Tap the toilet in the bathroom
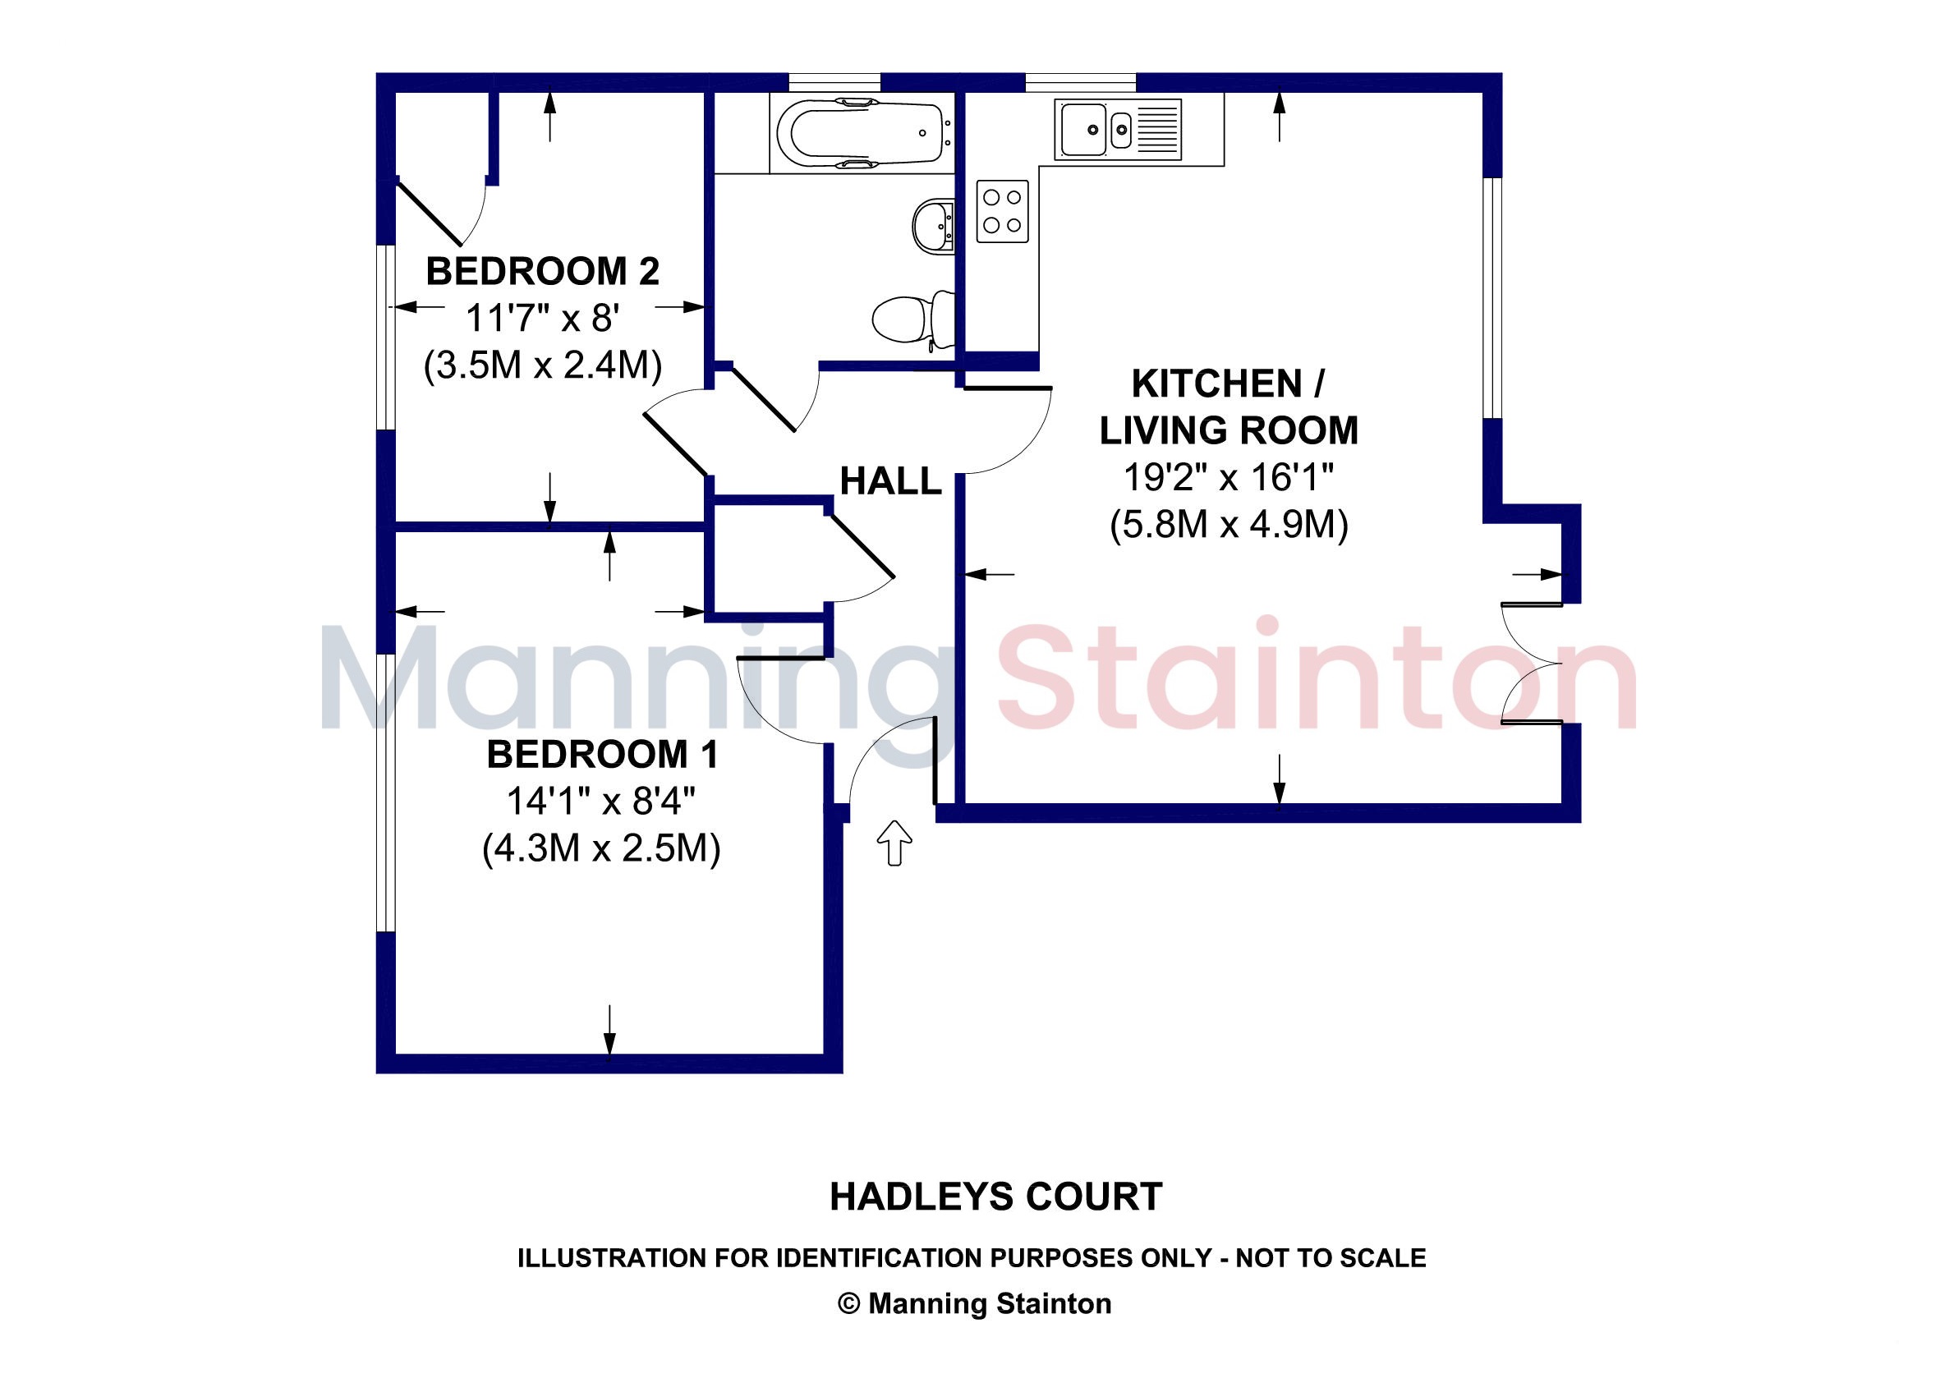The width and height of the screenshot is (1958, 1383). (x=913, y=319)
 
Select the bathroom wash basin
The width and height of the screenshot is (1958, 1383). (x=933, y=227)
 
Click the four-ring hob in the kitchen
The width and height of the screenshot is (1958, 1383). (x=1002, y=211)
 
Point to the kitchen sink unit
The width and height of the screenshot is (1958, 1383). (x=1118, y=130)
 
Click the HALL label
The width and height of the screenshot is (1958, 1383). (x=890, y=482)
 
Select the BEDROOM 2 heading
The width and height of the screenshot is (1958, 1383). (x=542, y=272)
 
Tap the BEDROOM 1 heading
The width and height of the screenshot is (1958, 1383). (x=602, y=755)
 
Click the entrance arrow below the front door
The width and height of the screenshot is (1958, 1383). (x=894, y=843)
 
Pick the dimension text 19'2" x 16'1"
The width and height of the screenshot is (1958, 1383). (x=1228, y=477)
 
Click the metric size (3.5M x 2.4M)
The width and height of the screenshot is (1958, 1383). (x=543, y=365)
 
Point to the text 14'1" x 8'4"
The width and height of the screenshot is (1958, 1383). (x=601, y=802)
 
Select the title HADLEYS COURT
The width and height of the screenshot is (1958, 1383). (x=996, y=1197)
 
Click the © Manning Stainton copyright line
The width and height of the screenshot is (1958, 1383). (x=975, y=1303)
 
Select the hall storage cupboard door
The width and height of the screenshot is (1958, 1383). (x=862, y=550)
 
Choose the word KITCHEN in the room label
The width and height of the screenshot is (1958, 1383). (x=1216, y=384)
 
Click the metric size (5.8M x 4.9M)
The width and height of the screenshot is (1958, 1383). (x=1229, y=526)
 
